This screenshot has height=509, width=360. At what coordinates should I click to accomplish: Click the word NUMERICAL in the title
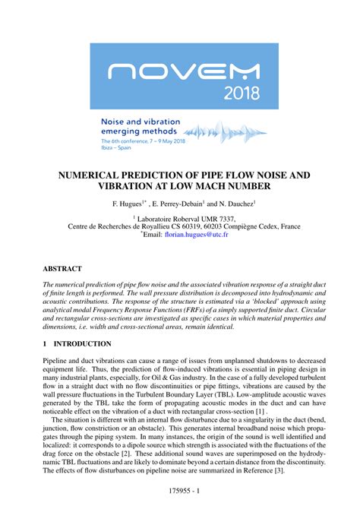coord(93,175)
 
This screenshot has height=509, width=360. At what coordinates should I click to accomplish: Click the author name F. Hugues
coord(128,204)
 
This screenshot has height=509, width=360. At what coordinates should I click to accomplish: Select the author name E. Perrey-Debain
coord(178,204)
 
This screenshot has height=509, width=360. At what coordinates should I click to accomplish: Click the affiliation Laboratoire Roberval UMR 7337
coord(182,217)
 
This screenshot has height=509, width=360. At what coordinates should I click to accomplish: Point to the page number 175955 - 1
coord(179,492)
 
